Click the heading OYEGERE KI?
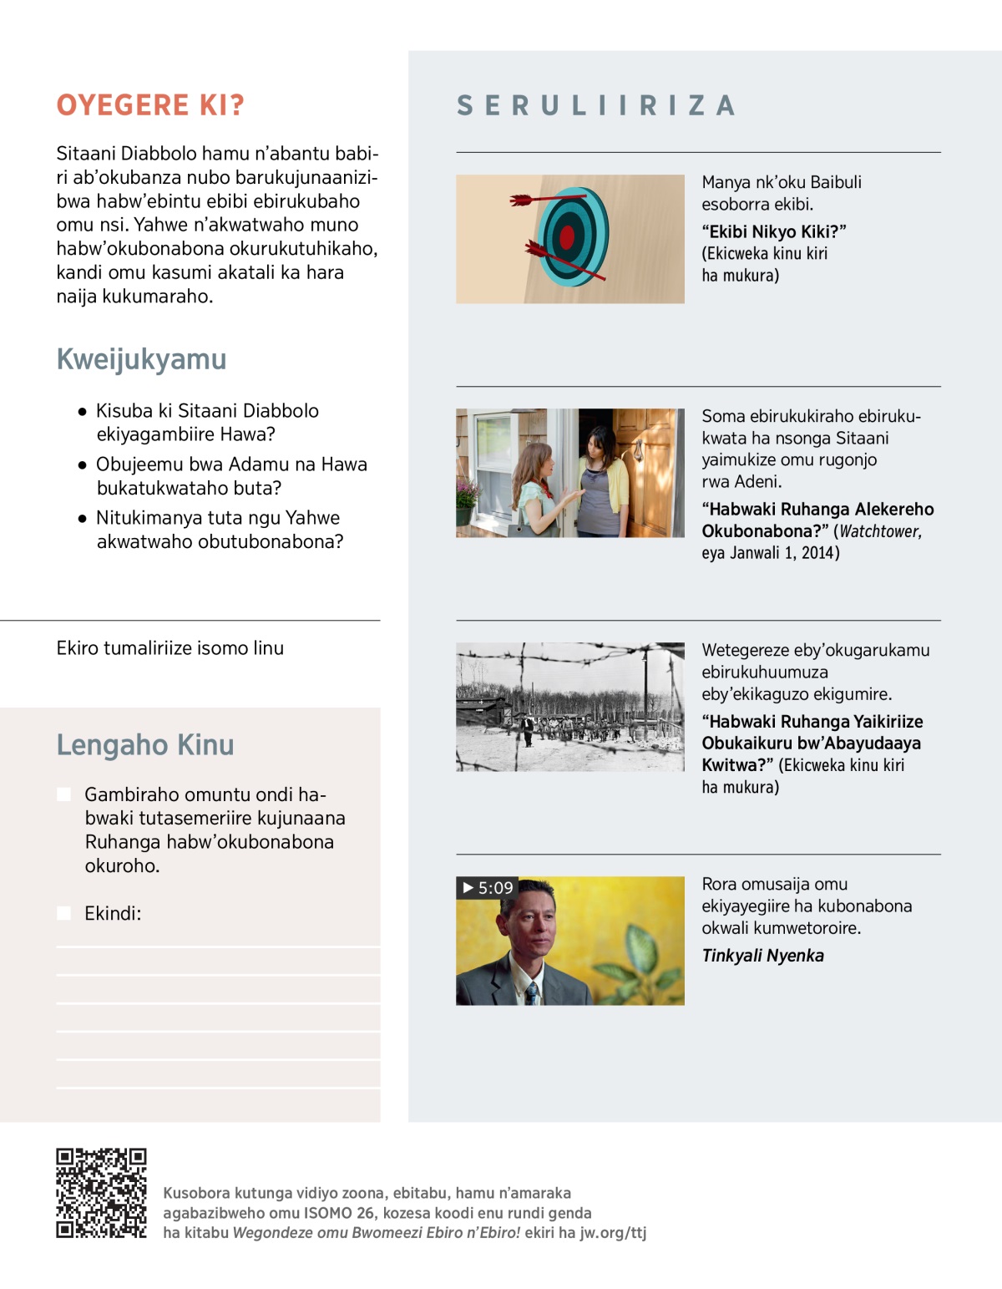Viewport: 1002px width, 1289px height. click(x=150, y=105)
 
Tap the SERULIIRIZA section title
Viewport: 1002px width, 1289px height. click(x=596, y=106)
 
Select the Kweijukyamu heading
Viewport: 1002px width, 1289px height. click(x=141, y=359)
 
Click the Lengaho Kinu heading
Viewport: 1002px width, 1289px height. click(x=144, y=745)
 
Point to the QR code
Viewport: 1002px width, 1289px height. click(x=101, y=1193)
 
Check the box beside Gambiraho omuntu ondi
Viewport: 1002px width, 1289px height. click(x=63, y=794)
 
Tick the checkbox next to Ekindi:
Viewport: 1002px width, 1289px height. click(x=63, y=913)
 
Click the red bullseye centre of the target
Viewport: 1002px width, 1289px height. click(x=568, y=237)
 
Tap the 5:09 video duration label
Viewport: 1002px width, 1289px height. click(x=488, y=888)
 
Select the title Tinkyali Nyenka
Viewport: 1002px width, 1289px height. click(x=762, y=956)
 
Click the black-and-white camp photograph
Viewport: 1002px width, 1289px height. click(x=570, y=707)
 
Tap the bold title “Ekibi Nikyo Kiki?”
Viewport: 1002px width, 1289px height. click(x=773, y=231)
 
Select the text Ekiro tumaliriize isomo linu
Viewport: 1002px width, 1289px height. click(x=170, y=648)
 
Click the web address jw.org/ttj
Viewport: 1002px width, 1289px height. click(x=613, y=1233)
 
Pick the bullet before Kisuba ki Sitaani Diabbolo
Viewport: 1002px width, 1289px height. click(x=82, y=412)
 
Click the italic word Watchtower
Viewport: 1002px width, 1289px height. click(x=880, y=531)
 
